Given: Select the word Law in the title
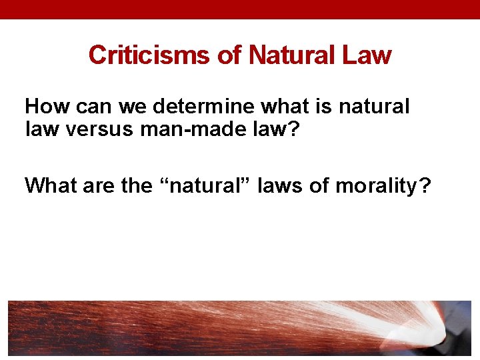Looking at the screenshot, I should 367,55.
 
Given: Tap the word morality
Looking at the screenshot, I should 377,186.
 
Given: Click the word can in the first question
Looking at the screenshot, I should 95,107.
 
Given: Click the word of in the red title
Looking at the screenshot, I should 229,55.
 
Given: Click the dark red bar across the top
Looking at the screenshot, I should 240,9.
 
